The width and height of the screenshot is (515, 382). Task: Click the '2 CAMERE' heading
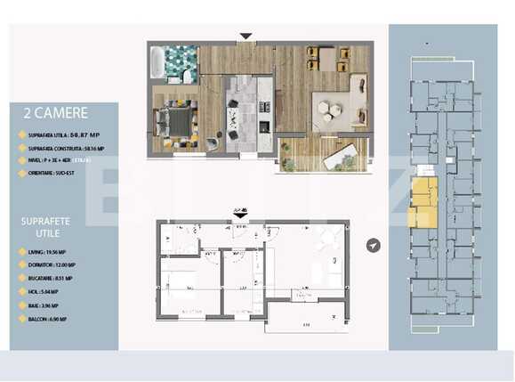coord(61,113)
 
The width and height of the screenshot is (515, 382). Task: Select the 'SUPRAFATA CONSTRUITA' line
coord(66,148)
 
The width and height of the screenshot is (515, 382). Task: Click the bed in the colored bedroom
coord(176,120)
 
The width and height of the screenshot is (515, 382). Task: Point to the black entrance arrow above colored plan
coord(245,37)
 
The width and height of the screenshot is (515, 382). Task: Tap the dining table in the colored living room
coord(327,59)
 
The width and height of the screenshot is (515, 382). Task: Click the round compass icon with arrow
coord(374,245)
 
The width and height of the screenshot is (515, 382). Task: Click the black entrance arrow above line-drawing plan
coord(238,214)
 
